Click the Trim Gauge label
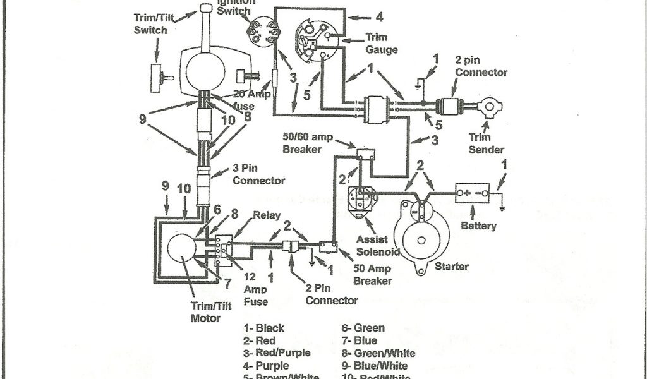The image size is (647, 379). tap(382, 44)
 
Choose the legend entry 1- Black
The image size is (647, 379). tap(264, 328)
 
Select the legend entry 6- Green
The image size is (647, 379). tap(363, 328)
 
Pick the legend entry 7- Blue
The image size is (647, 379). tap(360, 341)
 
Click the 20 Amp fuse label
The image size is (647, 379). tap(236, 102)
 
